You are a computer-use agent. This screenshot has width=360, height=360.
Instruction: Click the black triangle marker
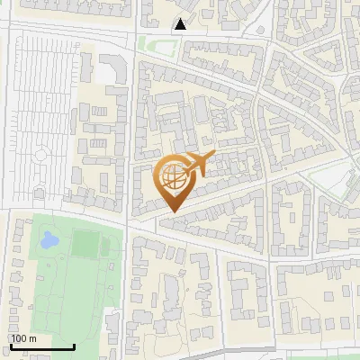182,24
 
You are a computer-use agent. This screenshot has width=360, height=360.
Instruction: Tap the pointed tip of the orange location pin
173,212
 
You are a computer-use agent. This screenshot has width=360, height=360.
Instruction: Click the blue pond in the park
48,240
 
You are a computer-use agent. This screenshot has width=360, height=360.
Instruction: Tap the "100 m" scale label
24,338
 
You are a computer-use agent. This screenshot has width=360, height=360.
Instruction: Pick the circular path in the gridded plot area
40,156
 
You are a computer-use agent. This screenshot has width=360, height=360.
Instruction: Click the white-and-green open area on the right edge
342,184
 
